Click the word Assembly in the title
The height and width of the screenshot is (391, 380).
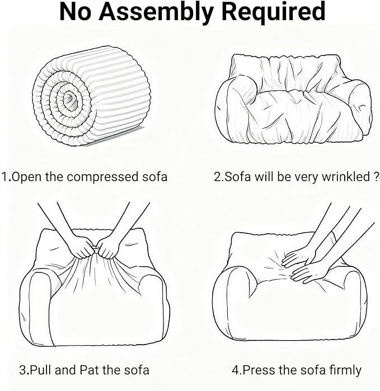click(x=156, y=12)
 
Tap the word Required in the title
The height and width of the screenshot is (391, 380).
click(x=274, y=12)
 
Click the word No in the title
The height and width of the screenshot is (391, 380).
click(x=75, y=12)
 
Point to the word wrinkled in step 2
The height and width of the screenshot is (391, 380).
click(x=345, y=177)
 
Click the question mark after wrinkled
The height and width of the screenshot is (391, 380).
click(x=376, y=177)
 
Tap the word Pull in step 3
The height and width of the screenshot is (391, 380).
click(x=41, y=370)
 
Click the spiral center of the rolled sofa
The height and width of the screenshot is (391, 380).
click(x=70, y=98)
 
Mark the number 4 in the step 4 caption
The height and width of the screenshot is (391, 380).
click(x=235, y=370)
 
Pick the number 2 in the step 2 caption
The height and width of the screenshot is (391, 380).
click(x=217, y=177)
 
